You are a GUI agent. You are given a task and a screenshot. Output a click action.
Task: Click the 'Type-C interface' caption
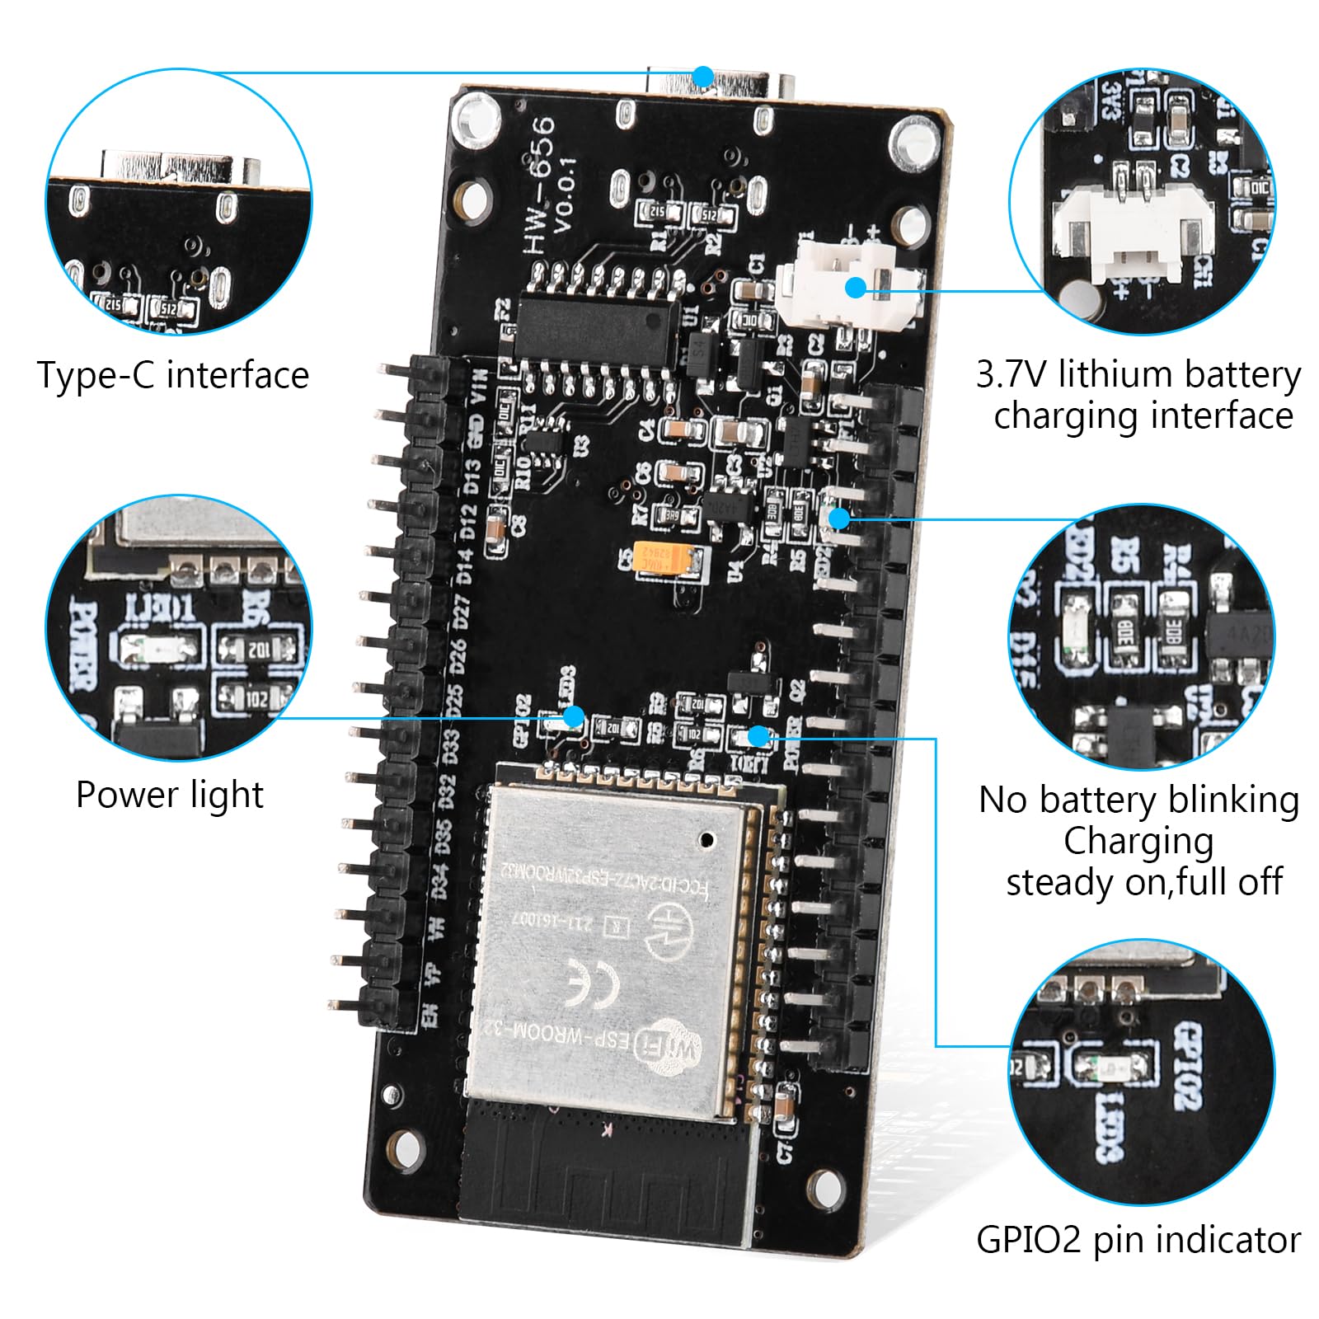coord(173,376)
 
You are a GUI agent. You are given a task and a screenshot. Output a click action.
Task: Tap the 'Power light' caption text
coord(170,796)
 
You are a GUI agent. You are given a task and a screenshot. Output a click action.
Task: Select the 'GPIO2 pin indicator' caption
coord(1138,1239)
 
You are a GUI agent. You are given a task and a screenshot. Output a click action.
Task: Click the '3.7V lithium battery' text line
coord(1138,374)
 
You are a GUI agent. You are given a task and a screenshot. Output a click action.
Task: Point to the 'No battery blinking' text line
coord(1138,800)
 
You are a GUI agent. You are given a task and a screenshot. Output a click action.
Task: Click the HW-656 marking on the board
coord(540,185)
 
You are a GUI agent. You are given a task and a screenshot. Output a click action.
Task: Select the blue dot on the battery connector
coord(856,288)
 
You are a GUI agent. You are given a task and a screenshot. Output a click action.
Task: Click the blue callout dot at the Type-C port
coord(702,77)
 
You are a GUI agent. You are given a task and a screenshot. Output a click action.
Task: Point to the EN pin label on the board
coord(429,1015)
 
